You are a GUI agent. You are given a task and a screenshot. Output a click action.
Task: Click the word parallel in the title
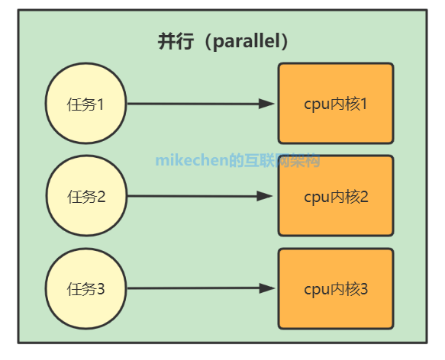click(x=247, y=41)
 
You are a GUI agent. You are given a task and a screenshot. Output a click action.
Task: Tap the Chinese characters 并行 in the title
click(x=176, y=41)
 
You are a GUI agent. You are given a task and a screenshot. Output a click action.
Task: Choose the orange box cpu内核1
click(x=336, y=103)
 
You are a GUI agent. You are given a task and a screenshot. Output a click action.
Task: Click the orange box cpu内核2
click(x=336, y=195)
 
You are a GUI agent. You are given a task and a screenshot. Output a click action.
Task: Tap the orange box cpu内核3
click(x=336, y=288)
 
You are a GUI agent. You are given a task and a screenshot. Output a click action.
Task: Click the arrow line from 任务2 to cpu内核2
click(x=200, y=196)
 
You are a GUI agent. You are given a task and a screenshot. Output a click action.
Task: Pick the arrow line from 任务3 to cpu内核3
click(x=202, y=288)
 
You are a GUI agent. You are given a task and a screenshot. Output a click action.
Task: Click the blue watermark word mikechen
click(x=192, y=160)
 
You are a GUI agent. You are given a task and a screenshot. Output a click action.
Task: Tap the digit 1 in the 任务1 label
click(x=100, y=104)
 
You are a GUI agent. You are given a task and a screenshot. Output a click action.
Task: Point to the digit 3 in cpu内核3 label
click(x=364, y=289)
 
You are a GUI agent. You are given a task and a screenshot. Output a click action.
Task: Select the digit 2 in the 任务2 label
click(x=101, y=197)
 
